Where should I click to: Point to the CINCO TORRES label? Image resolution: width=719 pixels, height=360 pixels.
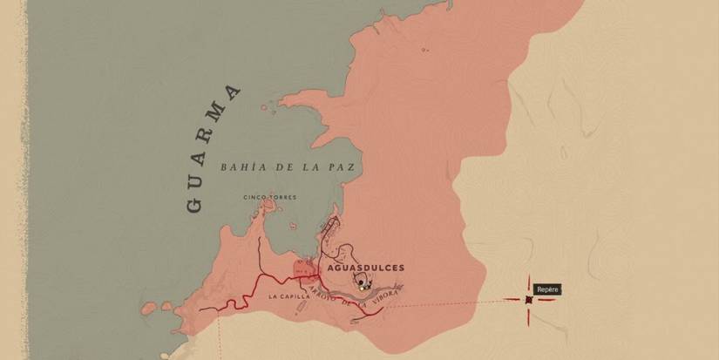269,197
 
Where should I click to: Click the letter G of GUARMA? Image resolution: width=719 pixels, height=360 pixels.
194,206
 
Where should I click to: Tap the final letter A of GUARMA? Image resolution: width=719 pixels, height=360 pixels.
232,91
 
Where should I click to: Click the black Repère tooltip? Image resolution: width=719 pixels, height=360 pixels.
547,289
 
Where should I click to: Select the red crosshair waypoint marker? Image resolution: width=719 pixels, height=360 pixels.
529,299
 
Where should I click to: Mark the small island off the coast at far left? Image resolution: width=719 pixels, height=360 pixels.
149,308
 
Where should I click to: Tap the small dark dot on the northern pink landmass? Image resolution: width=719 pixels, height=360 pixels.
424,51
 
